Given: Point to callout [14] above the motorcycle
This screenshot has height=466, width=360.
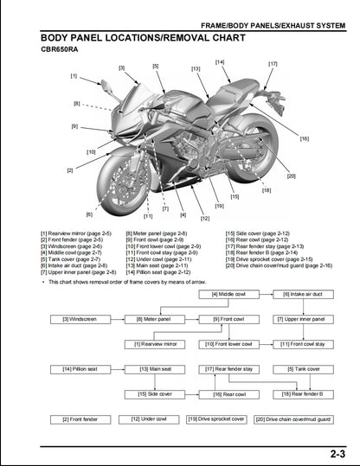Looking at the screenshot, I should [220, 62].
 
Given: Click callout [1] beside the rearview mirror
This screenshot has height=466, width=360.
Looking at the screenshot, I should [74, 76].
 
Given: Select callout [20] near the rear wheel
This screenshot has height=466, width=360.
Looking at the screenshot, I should [290, 176].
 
